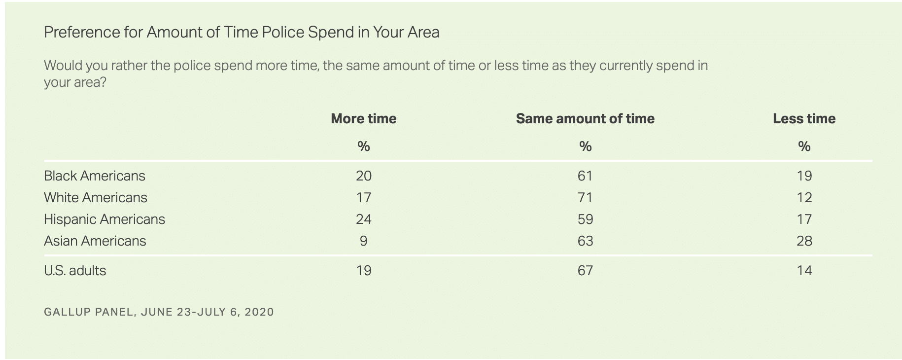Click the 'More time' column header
click(x=363, y=118)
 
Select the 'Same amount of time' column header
click(x=585, y=118)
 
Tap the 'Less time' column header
click(x=804, y=118)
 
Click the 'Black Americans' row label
click(x=95, y=176)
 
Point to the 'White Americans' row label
click(x=96, y=197)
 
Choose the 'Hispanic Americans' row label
click(x=104, y=219)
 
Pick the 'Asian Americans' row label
click(x=95, y=241)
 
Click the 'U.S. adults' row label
click(x=75, y=270)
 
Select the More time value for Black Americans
click(x=364, y=176)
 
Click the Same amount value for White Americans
click(x=585, y=197)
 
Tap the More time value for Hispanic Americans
click(x=364, y=219)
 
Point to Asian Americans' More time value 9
click(x=364, y=241)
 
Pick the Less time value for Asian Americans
click(x=804, y=241)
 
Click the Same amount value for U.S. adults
click(x=585, y=270)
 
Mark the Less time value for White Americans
click(x=804, y=197)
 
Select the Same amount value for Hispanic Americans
click(x=585, y=219)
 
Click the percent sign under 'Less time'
click(x=804, y=146)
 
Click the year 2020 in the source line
click(x=259, y=312)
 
